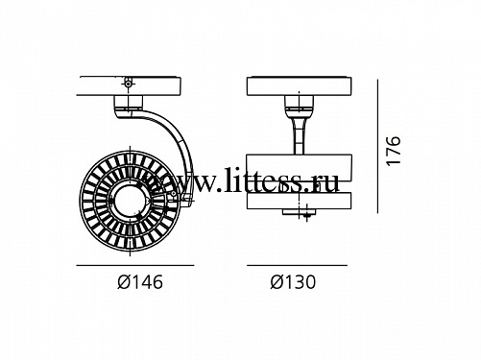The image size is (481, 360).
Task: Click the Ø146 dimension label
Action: point(140,282)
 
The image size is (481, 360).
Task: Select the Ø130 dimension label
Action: point(293,282)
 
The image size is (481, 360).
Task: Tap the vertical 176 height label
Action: point(394,151)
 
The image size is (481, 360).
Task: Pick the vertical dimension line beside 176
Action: point(377,146)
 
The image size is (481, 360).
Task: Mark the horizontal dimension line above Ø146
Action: point(135,265)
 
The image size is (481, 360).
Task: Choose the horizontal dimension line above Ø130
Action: point(297,265)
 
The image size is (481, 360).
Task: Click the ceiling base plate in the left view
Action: point(129,86)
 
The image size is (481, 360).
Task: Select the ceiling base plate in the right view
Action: point(300,86)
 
